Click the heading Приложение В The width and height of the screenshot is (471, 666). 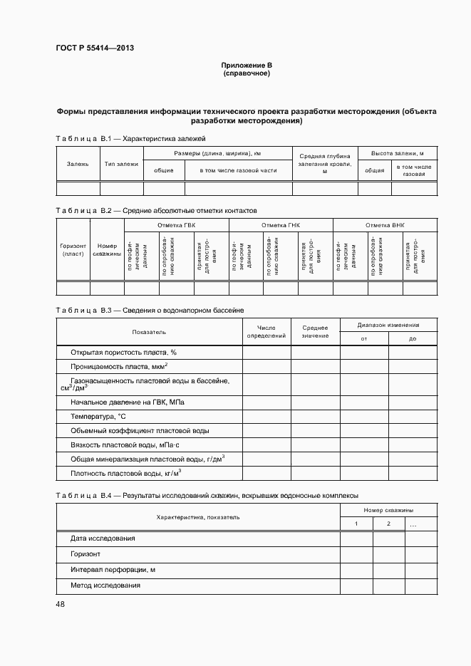click(x=246, y=66)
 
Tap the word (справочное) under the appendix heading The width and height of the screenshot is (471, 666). click(x=246, y=73)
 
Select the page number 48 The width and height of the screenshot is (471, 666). click(x=60, y=605)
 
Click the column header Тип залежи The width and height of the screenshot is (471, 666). click(x=121, y=164)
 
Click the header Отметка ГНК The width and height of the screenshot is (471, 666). click(x=281, y=225)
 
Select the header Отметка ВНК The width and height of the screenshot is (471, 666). click(x=385, y=225)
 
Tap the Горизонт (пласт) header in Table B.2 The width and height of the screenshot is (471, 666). click(x=73, y=249)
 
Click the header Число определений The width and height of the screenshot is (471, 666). click(x=266, y=331)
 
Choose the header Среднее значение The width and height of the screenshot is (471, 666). click(x=315, y=331)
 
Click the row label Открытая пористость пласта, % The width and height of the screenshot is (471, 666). click(x=123, y=353)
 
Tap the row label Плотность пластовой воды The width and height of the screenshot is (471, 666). click(x=125, y=473)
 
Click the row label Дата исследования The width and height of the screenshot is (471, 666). click(x=103, y=538)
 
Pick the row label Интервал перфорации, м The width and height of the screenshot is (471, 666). click(x=113, y=570)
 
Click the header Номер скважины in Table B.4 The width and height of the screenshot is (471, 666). click(x=388, y=510)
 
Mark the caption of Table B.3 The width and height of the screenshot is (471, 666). click(x=150, y=311)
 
